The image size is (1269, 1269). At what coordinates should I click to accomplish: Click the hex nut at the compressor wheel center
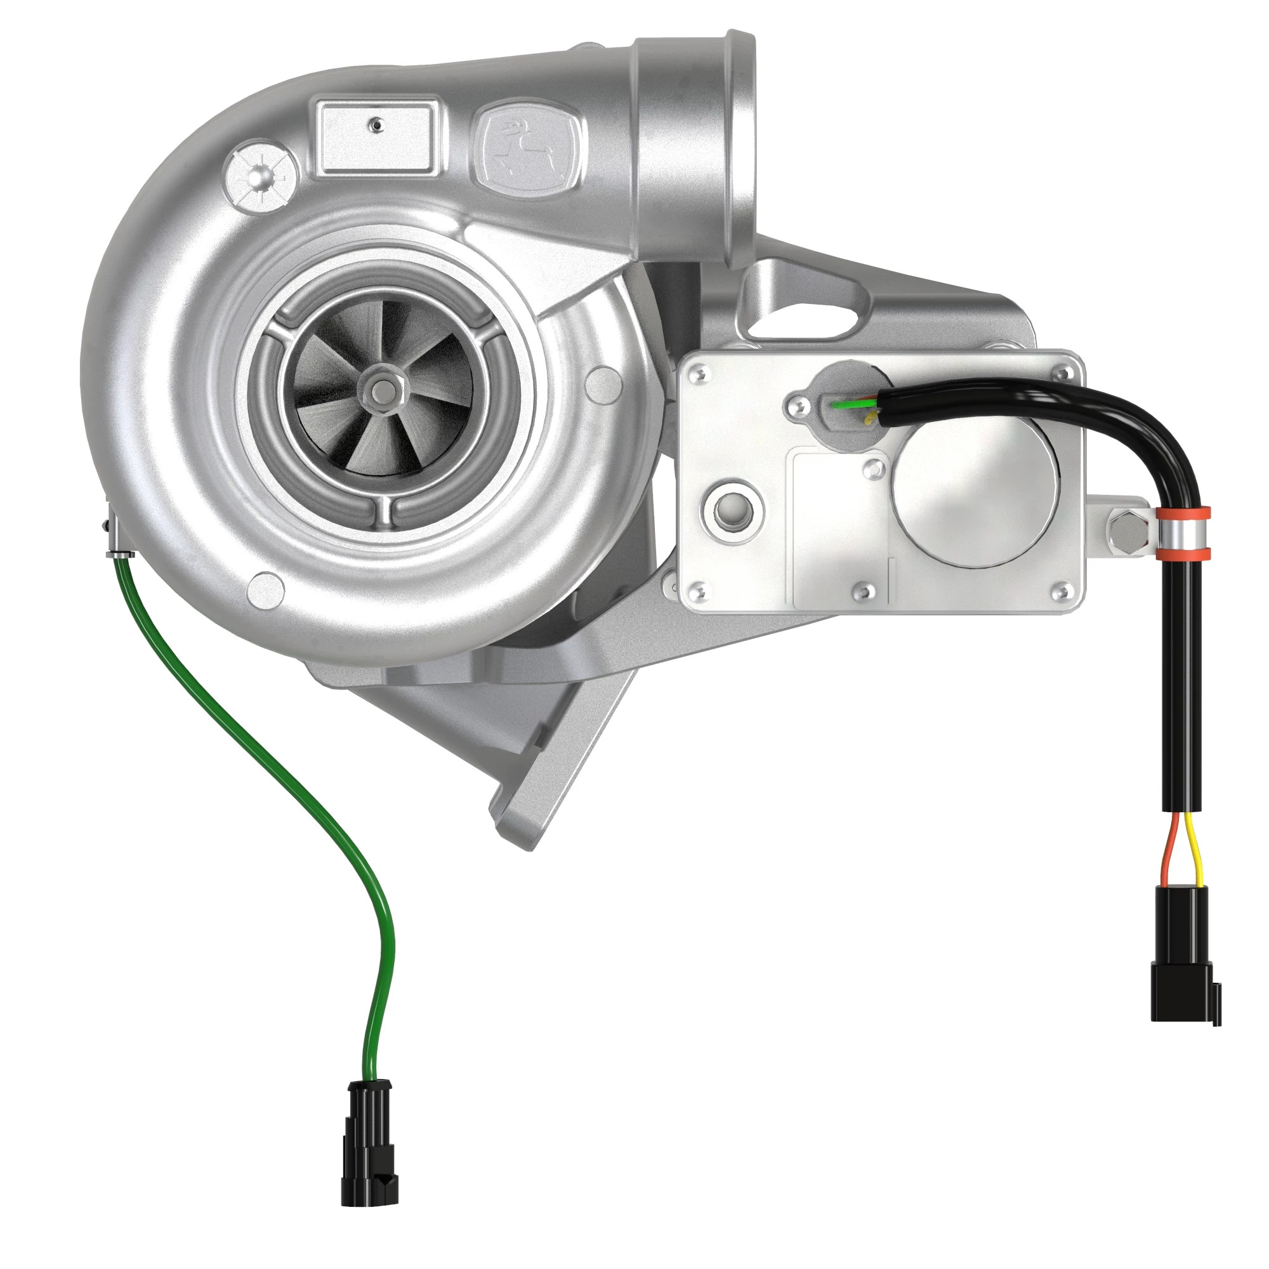tap(379, 390)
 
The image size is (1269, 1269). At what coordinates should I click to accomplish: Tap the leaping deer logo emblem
tap(529, 146)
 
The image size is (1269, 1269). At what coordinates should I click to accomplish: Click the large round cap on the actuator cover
tap(976, 491)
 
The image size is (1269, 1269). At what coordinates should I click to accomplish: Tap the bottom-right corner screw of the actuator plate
tap(1059, 591)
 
